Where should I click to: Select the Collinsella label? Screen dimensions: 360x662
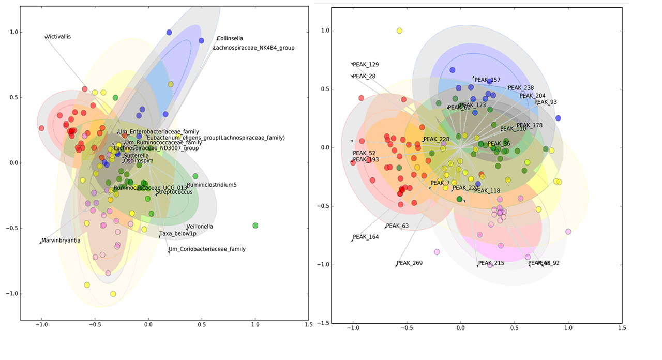pos(230,39)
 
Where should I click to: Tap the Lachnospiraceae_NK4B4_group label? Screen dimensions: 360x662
pos(254,48)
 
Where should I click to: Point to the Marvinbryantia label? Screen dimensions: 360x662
pos(61,241)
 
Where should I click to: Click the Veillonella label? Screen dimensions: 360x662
pos(201,227)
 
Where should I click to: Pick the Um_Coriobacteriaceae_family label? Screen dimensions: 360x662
pos(207,249)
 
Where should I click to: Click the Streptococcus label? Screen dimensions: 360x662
pos(174,192)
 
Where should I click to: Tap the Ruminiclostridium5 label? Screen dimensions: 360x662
pos(212,185)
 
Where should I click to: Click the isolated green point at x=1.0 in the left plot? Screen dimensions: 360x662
pos(255,226)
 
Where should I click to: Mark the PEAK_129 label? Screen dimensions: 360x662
pos(366,65)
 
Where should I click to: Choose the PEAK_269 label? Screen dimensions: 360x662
pos(410,263)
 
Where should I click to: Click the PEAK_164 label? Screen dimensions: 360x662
pos(366,237)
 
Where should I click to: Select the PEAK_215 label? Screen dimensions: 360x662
pos(491,263)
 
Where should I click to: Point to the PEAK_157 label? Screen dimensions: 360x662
pos(488,80)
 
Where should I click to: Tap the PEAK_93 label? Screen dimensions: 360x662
pos(546,102)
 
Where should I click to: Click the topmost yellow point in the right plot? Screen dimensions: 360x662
pos(399,31)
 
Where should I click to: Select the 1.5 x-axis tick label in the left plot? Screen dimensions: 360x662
pos(309,325)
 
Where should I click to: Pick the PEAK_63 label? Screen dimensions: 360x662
pos(398,226)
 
